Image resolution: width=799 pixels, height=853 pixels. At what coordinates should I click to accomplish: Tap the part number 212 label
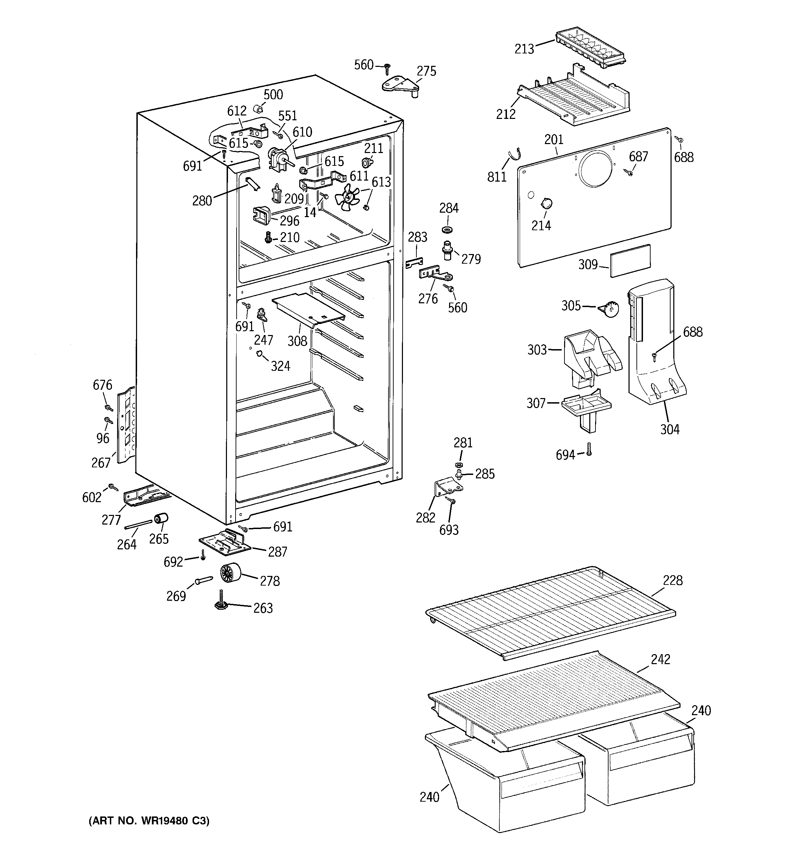[506, 114]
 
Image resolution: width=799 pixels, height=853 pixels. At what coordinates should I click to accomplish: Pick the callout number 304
[670, 429]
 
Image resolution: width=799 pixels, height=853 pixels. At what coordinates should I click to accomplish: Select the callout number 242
[660, 660]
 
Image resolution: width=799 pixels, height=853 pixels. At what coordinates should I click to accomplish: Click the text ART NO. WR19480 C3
[149, 821]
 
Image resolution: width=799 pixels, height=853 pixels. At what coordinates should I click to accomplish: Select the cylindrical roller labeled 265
[162, 519]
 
